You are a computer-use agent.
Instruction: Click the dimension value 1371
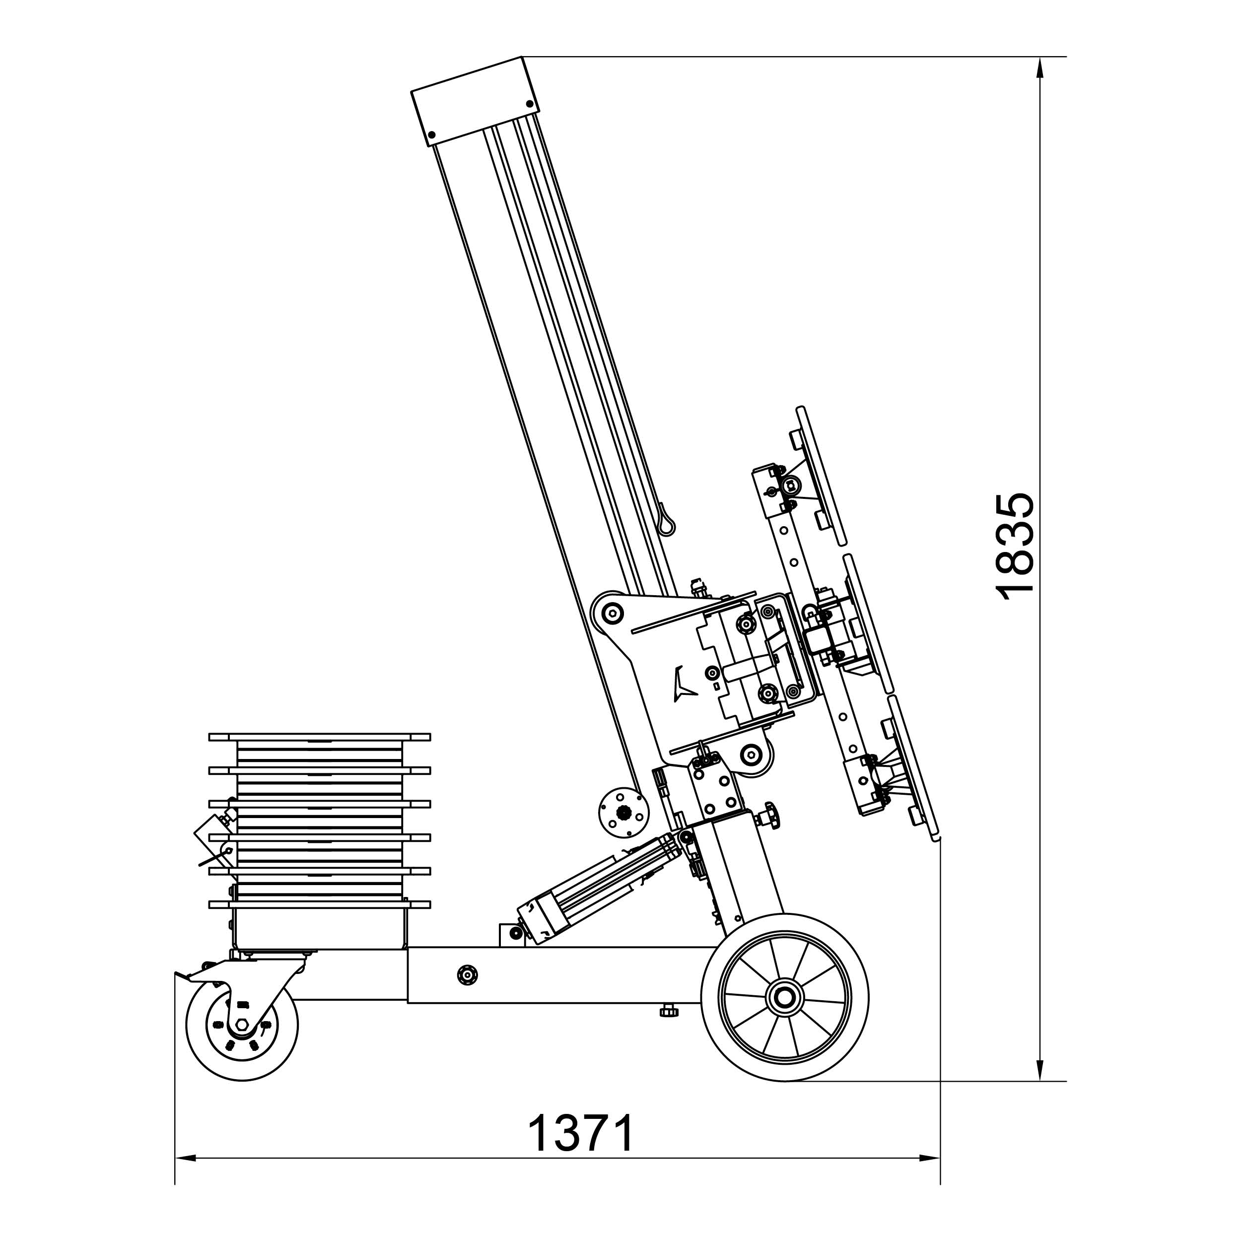pyautogui.click(x=581, y=1134)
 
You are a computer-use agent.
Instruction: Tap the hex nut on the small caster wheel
pyautogui.click(x=242, y=1025)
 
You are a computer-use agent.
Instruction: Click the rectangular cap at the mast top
pyautogui.click(x=476, y=101)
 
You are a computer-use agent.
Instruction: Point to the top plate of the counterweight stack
pyautogui.click(x=319, y=737)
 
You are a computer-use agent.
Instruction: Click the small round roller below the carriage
pyautogui.click(x=623, y=813)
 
